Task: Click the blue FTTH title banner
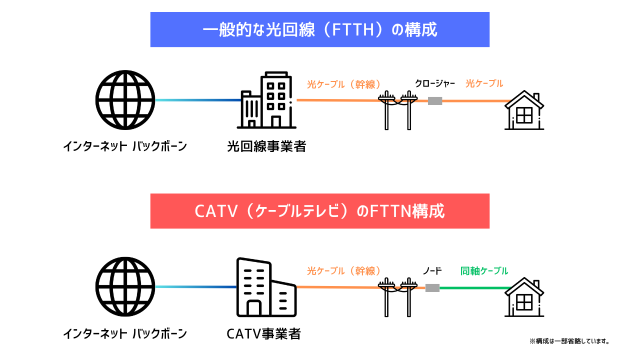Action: [x=320, y=30]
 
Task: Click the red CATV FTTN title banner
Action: [x=320, y=211]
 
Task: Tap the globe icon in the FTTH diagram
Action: [x=125, y=100]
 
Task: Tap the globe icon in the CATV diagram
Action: [x=125, y=286]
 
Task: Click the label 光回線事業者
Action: [x=266, y=146]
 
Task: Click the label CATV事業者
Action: [x=263, y=333]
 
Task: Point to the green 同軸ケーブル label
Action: [x=484, y=271]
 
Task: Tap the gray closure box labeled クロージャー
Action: [x=435, y=101]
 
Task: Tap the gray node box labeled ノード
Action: [x=432, y=288]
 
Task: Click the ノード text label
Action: [x=432, y=271]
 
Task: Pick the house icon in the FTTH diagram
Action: [x=524, y=111]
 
